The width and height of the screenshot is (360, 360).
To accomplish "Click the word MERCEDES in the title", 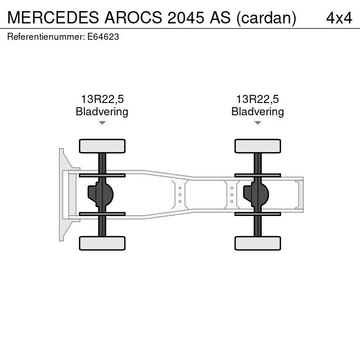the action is [53, 18].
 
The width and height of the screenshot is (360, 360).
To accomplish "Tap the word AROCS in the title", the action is [133, 18].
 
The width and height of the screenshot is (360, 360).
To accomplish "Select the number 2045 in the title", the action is [186, 18].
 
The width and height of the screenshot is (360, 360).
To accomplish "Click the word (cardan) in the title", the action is [266, 18].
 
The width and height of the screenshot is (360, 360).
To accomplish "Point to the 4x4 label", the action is [339, 18].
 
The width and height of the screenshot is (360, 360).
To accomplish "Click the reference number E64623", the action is [103, 37].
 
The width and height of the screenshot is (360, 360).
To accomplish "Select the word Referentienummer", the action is [44, 37].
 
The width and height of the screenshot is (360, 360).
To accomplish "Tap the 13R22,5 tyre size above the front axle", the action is [102, 100].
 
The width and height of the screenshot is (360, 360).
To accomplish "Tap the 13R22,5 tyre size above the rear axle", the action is [258, 100].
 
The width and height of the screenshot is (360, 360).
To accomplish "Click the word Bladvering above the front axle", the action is [102, 112].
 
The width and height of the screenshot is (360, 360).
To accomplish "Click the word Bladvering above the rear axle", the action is [258, 112].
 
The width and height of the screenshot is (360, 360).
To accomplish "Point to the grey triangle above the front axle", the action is [102, 123].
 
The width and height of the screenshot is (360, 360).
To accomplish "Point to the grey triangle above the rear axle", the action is [258, 123].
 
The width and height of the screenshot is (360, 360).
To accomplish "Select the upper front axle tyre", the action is [102, 146].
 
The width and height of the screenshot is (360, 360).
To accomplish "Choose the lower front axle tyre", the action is [102, 243].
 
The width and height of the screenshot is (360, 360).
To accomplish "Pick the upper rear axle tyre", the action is [258, 146].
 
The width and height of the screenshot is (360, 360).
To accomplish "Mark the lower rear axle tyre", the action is [258, 243].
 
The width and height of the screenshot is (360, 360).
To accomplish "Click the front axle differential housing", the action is [101, 194].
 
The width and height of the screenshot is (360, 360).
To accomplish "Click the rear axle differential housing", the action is [256, 194].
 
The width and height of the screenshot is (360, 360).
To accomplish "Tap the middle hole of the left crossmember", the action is [180, 195].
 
